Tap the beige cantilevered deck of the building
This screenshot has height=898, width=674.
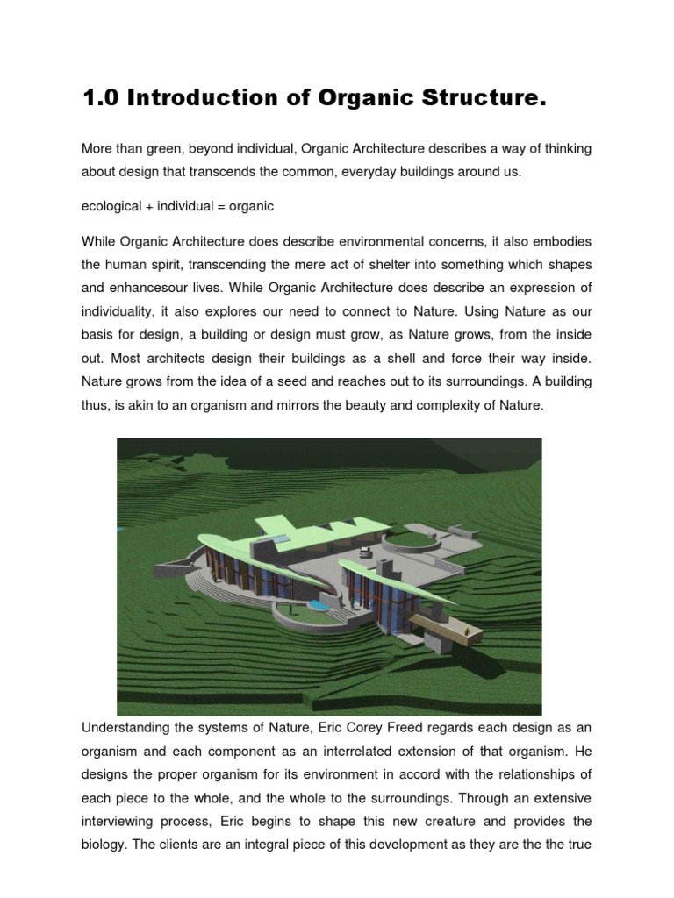pos(442,626)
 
